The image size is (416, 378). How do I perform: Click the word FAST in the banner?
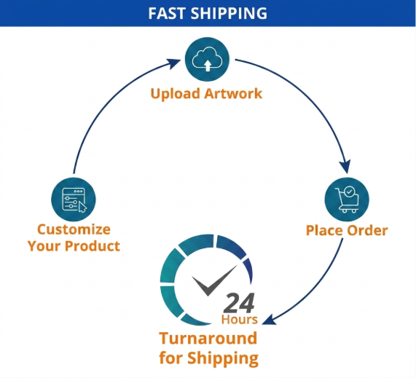[x=167, y=13]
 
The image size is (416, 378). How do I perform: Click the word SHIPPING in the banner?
[x=229, y=13]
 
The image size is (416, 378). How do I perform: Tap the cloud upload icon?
[x=207, y=59]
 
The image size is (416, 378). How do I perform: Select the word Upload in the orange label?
[x=175, y=94]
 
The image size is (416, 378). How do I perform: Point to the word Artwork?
[x=233, y=94]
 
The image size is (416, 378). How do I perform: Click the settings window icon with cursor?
[x=74, y=200]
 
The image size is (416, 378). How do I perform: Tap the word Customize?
[x=74, y=229]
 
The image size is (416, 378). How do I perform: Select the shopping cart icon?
[x=347, y=200]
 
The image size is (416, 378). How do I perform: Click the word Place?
[x=324, y=230]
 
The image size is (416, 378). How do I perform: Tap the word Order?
[x=367, y=230]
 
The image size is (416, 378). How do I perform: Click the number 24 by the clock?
[x=239, y=303]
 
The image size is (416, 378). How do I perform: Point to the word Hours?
[x=240, y=320]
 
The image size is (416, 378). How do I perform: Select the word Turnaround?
[x=208, y=339]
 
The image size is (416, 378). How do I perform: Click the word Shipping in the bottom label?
[x=223, y=358]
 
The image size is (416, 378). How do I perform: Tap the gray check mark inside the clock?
[x=214, y=280]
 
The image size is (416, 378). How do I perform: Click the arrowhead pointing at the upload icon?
[x=174, y=63]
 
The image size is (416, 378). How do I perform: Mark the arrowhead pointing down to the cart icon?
[x=345, y=167]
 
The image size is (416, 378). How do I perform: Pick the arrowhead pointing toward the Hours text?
[x=269, y=320]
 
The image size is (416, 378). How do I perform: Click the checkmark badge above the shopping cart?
[x=349, y=192]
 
